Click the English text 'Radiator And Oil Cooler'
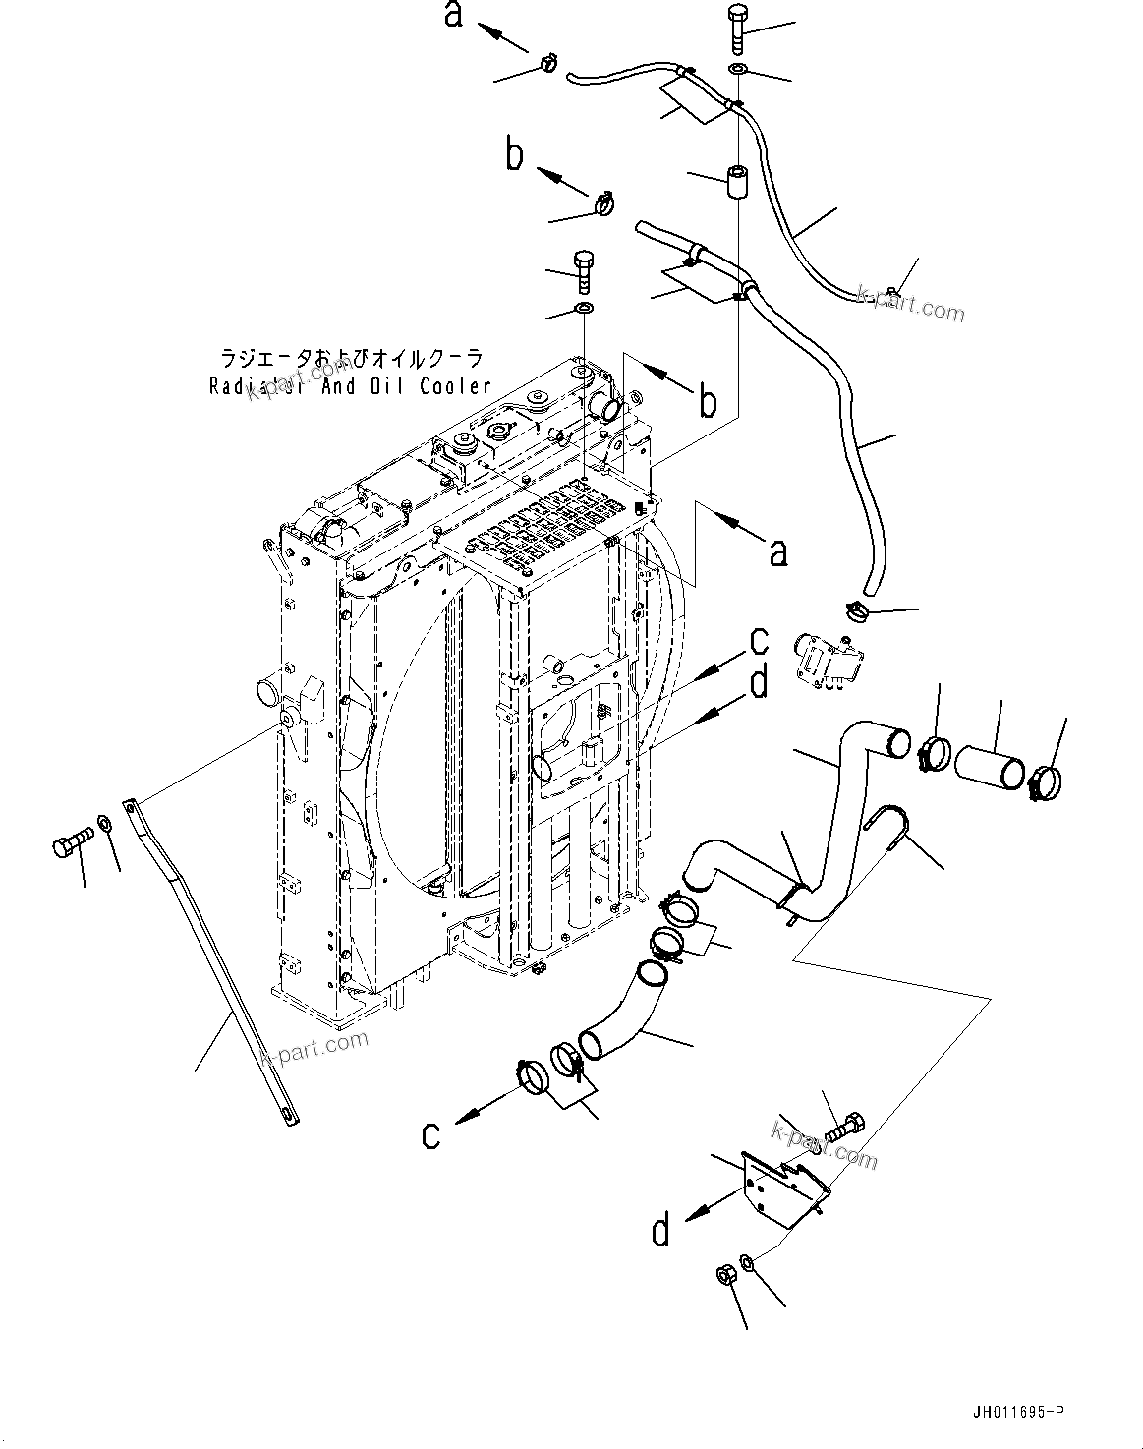[x=350, y=386]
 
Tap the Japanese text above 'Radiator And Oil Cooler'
[x=350, y=360]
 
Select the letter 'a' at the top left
[x=454, y=16]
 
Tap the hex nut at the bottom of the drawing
[x=723, y=1276]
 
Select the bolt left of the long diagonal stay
[x=71, y=841]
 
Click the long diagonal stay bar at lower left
[x=211, y=963]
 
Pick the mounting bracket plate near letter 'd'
[x=782, y=1189]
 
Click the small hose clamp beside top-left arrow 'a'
[x=547, y=64]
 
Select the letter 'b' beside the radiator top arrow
[x=708, y=402]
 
